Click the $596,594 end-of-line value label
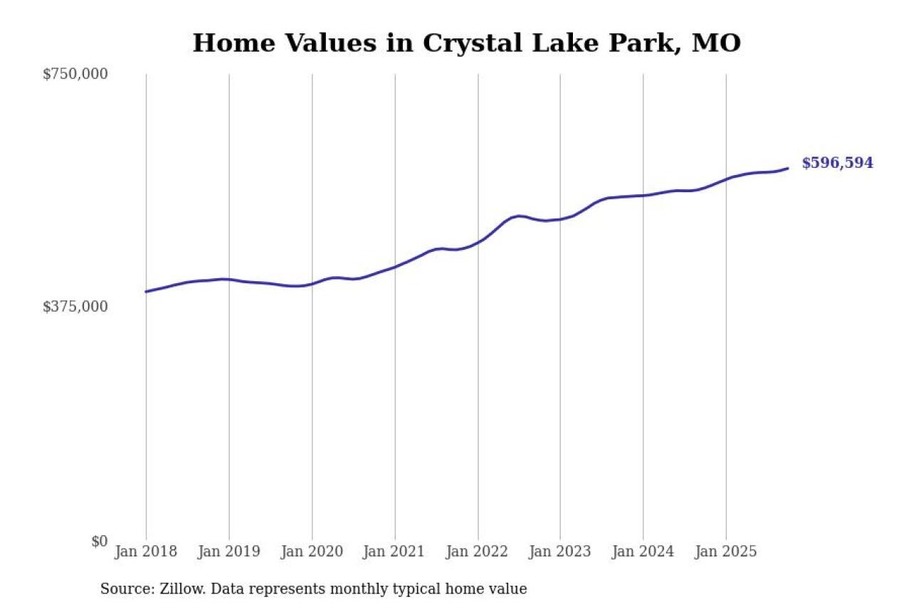coord(837,163)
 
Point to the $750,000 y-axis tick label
coord(75,74)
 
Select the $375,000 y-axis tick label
coord(75,307)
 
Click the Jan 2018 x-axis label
coord(147,551)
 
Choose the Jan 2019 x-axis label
coord(229,551)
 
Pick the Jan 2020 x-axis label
coord(312,551)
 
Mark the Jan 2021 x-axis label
coord(395,551)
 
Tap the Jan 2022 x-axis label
coord(478,551)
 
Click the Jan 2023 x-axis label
coord(560,551)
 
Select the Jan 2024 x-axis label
coord(643,551)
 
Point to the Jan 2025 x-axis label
coord(726,551)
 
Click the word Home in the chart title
coord(233,43)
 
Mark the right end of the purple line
coord(787,169)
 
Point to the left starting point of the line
coord(147,292)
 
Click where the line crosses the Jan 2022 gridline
coord(478,242)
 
